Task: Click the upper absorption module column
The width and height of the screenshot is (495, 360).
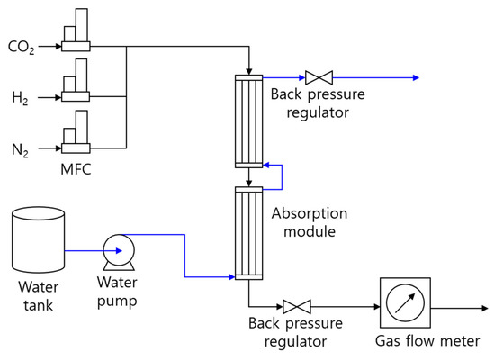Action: pyautogui.click(x=248, y=122)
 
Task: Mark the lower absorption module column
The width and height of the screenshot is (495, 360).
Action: pyautogui.click(x=248, y=232)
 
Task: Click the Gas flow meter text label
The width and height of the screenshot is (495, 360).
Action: pyautogui.click(x=428, y=343)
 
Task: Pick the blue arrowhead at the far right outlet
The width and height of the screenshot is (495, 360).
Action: pyautogui.click(x=416, y=77)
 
